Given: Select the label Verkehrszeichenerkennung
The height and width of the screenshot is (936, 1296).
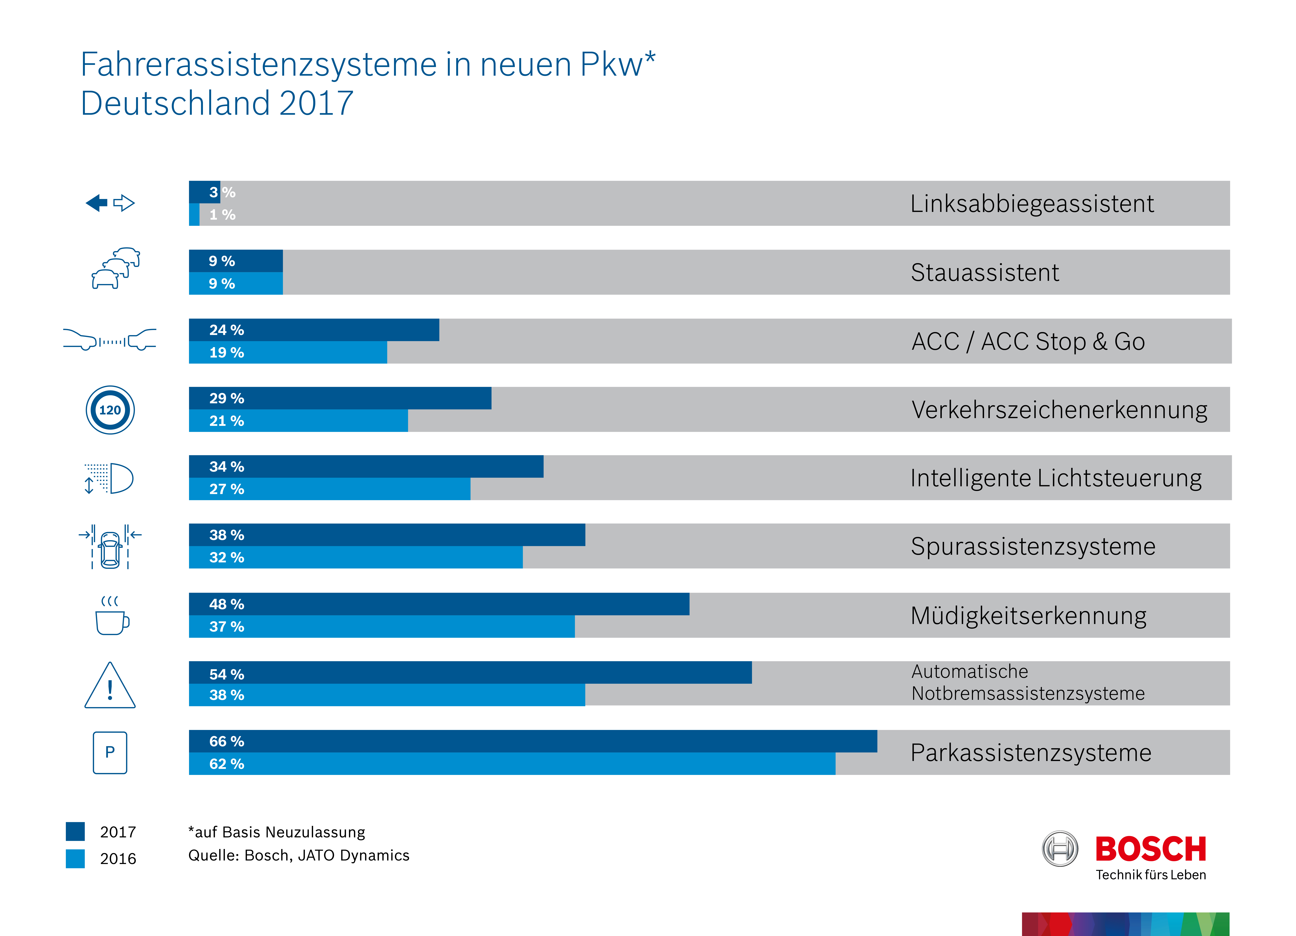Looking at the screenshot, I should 1059,410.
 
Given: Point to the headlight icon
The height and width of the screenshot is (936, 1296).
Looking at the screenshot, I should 110,478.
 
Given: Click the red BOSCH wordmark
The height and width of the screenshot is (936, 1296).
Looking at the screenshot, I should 1150,849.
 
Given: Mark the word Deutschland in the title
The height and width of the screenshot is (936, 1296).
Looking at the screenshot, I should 175,103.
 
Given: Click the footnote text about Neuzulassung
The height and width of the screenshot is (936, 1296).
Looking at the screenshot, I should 277,832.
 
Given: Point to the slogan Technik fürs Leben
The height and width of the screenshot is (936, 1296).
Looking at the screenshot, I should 1150,875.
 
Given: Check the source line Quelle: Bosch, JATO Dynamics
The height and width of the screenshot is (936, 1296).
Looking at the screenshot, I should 299,855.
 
